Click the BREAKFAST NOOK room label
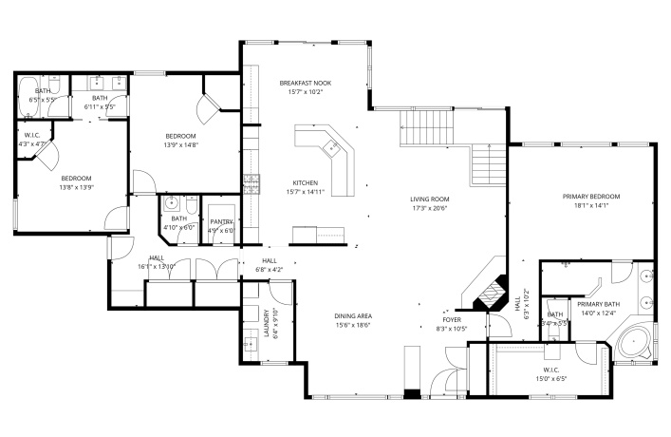pos(305,84)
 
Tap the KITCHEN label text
pos(305,182)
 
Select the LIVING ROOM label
pos(429,199)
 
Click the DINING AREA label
pos(351,315)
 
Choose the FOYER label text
pos(451,320)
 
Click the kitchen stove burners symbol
pos(252,180)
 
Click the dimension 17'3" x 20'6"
pos(429,208)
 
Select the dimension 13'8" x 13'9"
pos(76,188)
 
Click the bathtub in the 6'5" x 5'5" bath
pos(28,97)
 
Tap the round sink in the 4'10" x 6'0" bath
pos(173,203)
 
